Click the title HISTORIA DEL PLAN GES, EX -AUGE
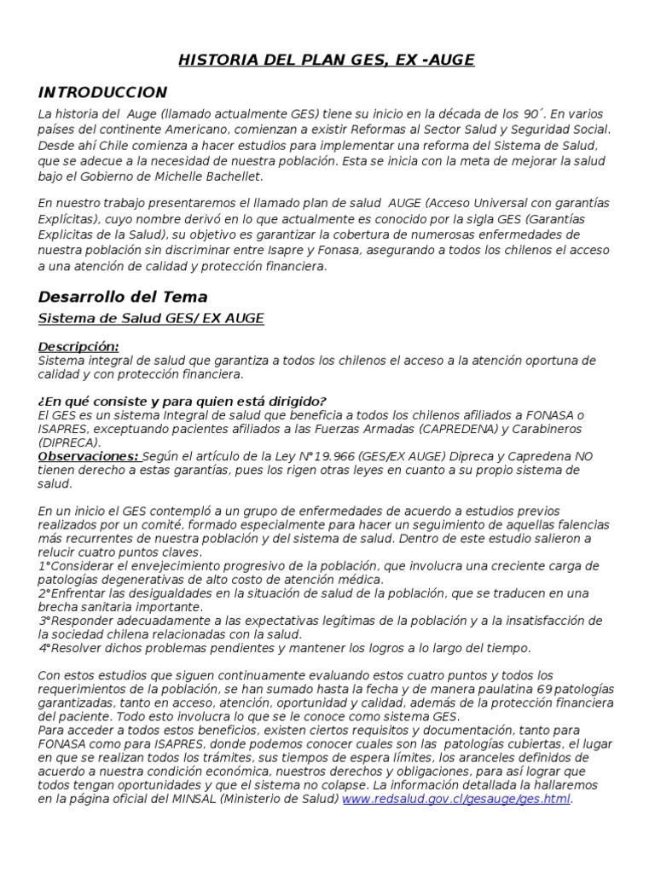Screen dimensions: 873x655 pyautogui.click(x=327, y=60)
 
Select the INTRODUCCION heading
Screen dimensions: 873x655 pyautogui.click(x=102, y=92)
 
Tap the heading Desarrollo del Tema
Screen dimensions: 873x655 pyautogui.click(x=123, y=297)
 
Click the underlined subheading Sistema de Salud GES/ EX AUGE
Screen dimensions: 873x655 pyautogui.click(x=151, y=318)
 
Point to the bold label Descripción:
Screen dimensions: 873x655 pyautogui.click(x=78, y=347)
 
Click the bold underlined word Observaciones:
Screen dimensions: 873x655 pyautogui.click(x=89, y=456)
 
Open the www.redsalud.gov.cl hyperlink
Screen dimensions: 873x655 pyautogui.click(x=456, y=798)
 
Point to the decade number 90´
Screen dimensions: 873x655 pyautogui.click(x=532, y=114)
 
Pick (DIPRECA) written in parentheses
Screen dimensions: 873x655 pyautogui.click(x=69, y=442)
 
